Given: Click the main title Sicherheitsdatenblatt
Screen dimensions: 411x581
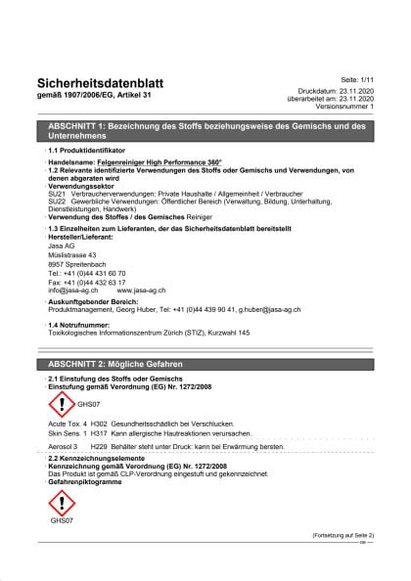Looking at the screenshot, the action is (x=100, y=83).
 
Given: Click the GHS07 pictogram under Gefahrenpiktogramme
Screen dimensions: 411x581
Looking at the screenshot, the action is (x=62, y=503).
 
